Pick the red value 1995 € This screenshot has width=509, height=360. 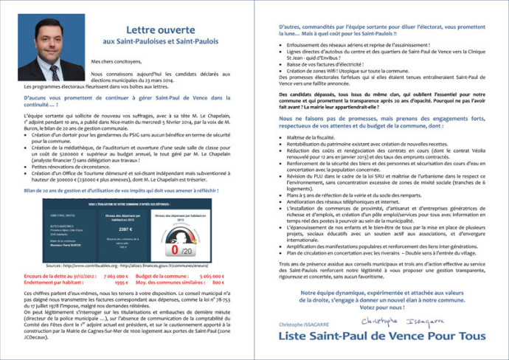click(x=121, y=282)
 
